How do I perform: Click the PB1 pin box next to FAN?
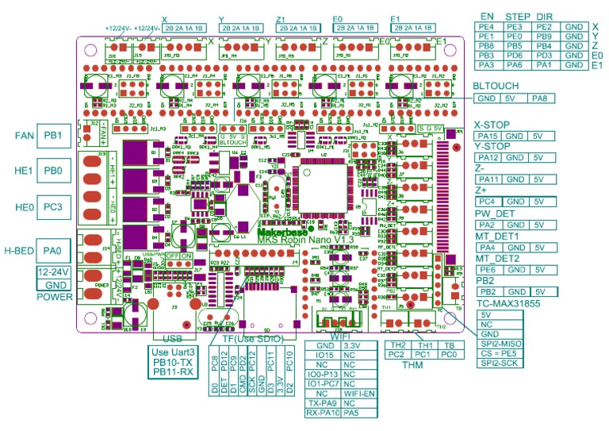click(x=54, y=135)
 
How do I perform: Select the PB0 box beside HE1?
click(x=54, y=171)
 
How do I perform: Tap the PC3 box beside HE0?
click(x=54, y=207)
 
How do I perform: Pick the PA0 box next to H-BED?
click(x=54, y=252)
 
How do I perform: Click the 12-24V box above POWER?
click(x=52, y=272)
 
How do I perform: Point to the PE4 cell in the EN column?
click(x=487, y=26)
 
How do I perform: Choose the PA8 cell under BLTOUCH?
click(x=539, y=98)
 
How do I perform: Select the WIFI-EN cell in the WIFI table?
click(x=359, y=393)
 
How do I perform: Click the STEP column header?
click(x=518, y=15)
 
